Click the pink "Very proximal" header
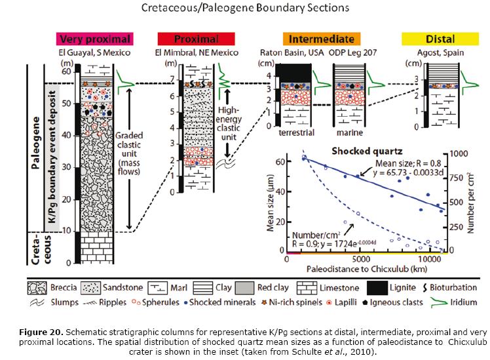pyautogui.click(x=95, y=39)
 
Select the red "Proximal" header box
pyautogui.click(x=196, y=39)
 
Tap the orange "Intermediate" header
pyautogui.click(x=322, y=39)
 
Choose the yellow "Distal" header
pyautogui.click(x=440, y=39)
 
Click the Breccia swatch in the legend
pyautogui.click(x=37, y=288)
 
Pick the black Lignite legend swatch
pyautogui.click(x=377, y=288)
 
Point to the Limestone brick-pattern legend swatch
pyautogui.click(x=307, y=288)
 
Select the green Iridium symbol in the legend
pyautogui.click(x=438, y=302)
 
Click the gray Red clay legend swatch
pyautogui.click(x=244, y=288)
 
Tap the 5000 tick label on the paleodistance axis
pyautogui.click(x=361, y=259)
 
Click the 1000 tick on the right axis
pyautogui.click(x=459, y=153)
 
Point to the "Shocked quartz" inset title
pyautogui.click(x=367, y=151)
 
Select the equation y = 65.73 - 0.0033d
pyautogui.click(x=408, y=172)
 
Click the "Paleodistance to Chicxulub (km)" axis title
pyautogui.click(x=367, y=269)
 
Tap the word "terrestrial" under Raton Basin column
pyautogui.click(x=296, y=132)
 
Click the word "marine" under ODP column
pyautogui.click(x=350, y=132)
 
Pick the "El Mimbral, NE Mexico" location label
pyautogui.click(x=197, y=52)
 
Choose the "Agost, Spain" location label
pyautogui.click(x=440, y=52)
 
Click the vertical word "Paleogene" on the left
pyautogui.click(x=36, y=143)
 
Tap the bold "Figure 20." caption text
pyautogui.click(x=41, y=332)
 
